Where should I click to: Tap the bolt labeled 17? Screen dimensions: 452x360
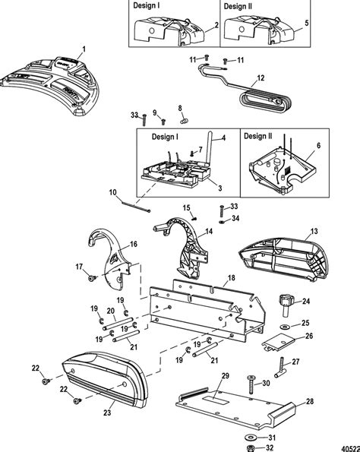click(89, 279)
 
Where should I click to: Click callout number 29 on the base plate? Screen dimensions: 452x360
click(225, 377)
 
